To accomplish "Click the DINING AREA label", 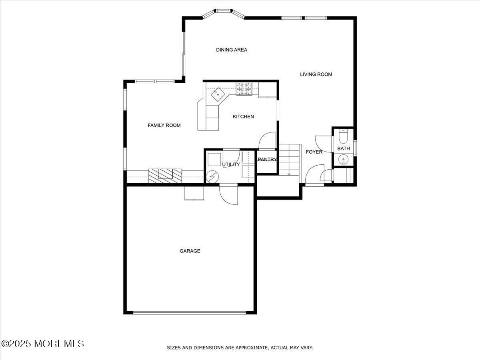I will (232, 50).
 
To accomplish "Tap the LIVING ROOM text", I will (316, 74).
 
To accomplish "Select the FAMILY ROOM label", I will (164, 126).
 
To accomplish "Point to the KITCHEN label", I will (243, 117).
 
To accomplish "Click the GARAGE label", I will (190, 251).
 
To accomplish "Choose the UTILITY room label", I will (231, 164).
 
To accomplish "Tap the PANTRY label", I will (267, 160).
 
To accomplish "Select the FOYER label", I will (314, 152).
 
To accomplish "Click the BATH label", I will (343, 148).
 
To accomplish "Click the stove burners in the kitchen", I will (244, 89).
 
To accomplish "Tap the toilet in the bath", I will (343, 137).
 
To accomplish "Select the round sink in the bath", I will (343, 160).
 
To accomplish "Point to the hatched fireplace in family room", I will (166, 176).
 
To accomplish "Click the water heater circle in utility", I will (212, 176).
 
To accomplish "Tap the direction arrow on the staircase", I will (289, 173).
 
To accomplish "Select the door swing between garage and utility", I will (228, 195).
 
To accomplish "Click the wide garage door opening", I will (190, 313).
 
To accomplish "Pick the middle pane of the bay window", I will (224, 11).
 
